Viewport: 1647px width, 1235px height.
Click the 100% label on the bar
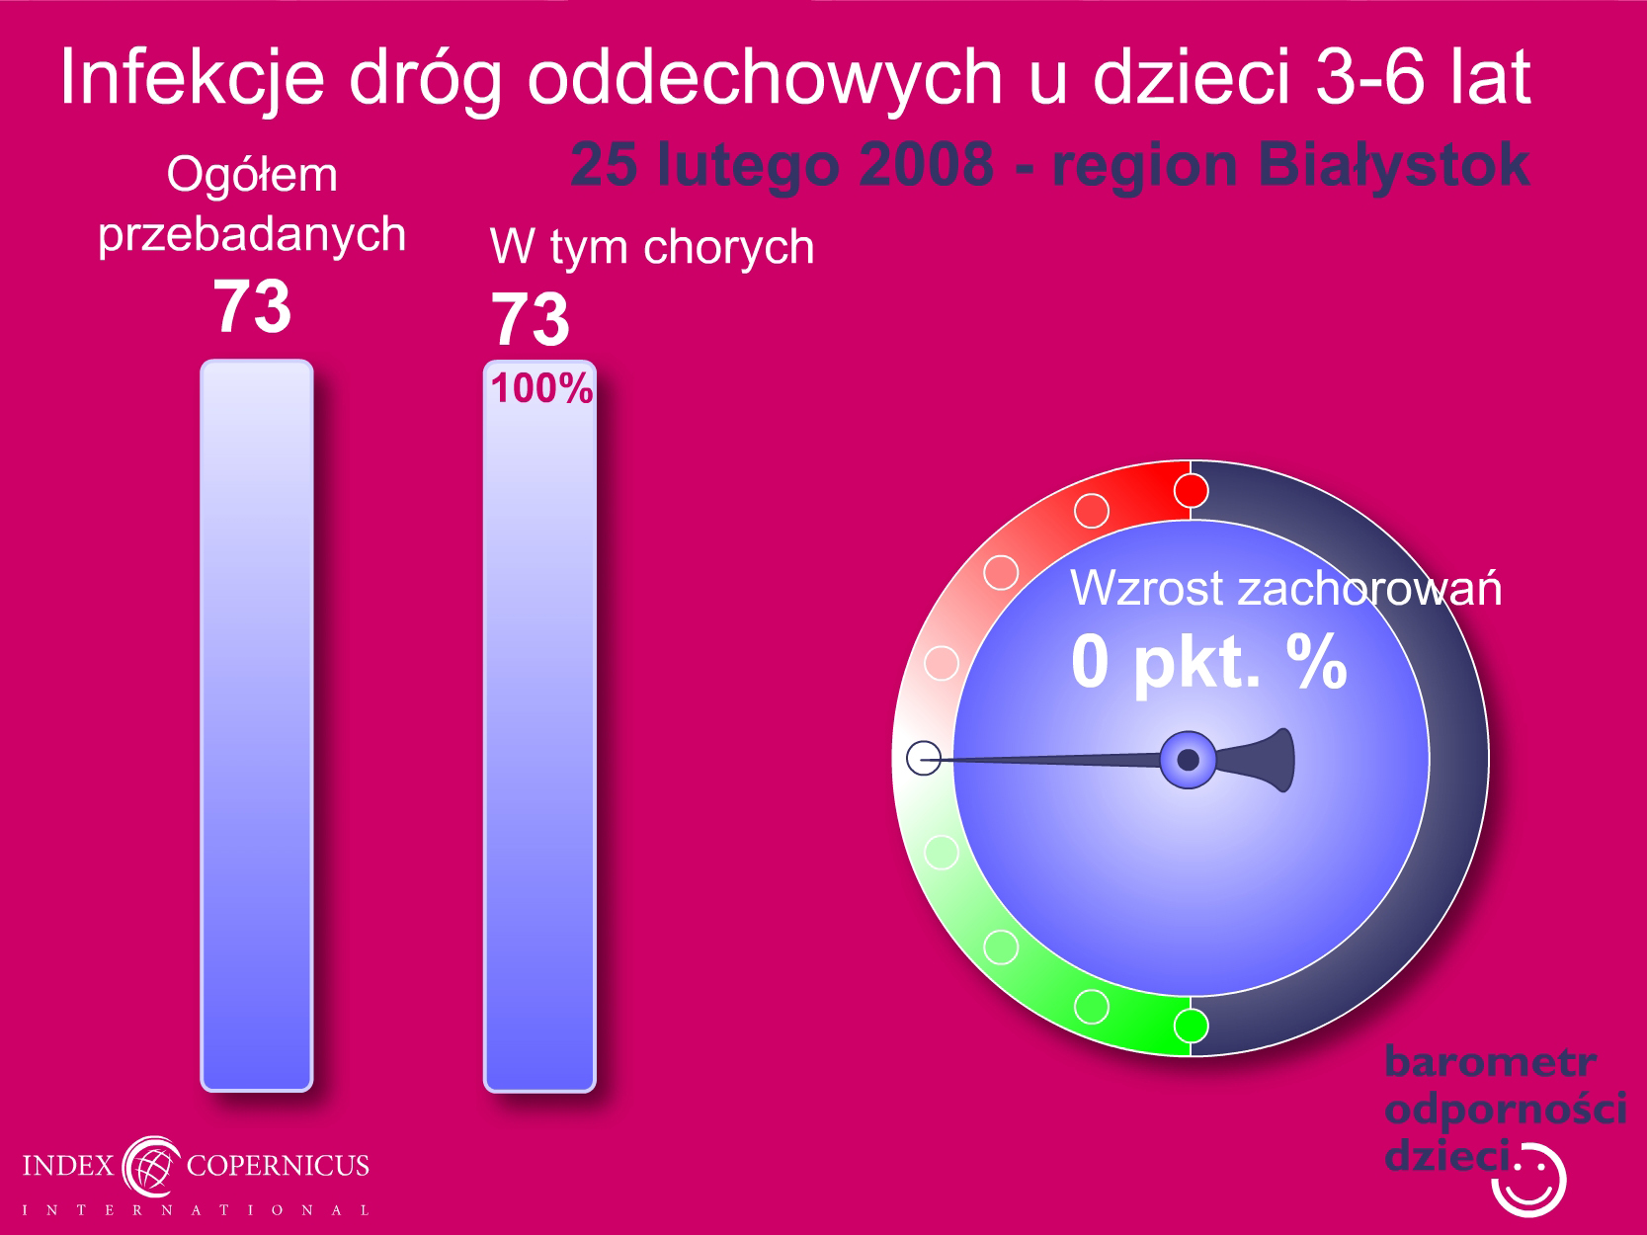541,388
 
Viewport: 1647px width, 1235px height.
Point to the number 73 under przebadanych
252,306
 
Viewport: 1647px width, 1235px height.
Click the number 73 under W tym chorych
531,320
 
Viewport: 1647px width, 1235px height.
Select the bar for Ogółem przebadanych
257,725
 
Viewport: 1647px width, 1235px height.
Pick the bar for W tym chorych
540,725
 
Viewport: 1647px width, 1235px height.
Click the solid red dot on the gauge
1191,491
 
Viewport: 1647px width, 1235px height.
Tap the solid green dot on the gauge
1191,1026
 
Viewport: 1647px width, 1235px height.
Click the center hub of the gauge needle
1189,760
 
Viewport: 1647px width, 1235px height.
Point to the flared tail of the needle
1261,760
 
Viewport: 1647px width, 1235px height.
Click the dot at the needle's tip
924,758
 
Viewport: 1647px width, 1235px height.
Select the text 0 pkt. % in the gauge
1208,661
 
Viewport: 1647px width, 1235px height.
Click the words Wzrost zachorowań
1285,588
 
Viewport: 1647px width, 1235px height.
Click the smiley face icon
1528,1180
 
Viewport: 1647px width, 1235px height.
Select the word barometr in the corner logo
1490,1062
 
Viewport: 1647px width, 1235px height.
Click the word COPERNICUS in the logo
278,1165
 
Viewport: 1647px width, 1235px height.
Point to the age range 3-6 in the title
1370,77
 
